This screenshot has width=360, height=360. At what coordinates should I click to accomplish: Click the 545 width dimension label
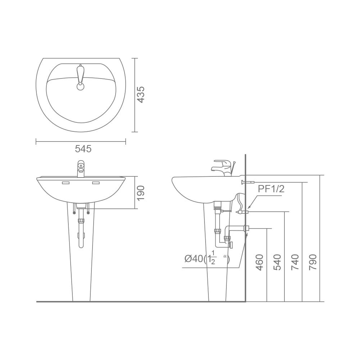coord(83,149)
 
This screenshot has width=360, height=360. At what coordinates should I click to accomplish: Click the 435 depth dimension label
coord(140,94)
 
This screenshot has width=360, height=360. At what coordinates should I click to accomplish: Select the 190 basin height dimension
coord(140,193)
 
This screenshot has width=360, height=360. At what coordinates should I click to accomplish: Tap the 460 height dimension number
coord(259,262)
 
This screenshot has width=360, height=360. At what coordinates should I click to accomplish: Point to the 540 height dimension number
coord(277,262)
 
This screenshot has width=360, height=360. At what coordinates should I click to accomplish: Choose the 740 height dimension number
coord(295,262)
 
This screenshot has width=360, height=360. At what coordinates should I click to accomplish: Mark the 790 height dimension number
coord(313,262)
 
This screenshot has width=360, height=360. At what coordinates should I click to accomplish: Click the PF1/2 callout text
coord(271,189)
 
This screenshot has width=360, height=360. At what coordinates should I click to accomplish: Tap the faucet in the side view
coord(223,168)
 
